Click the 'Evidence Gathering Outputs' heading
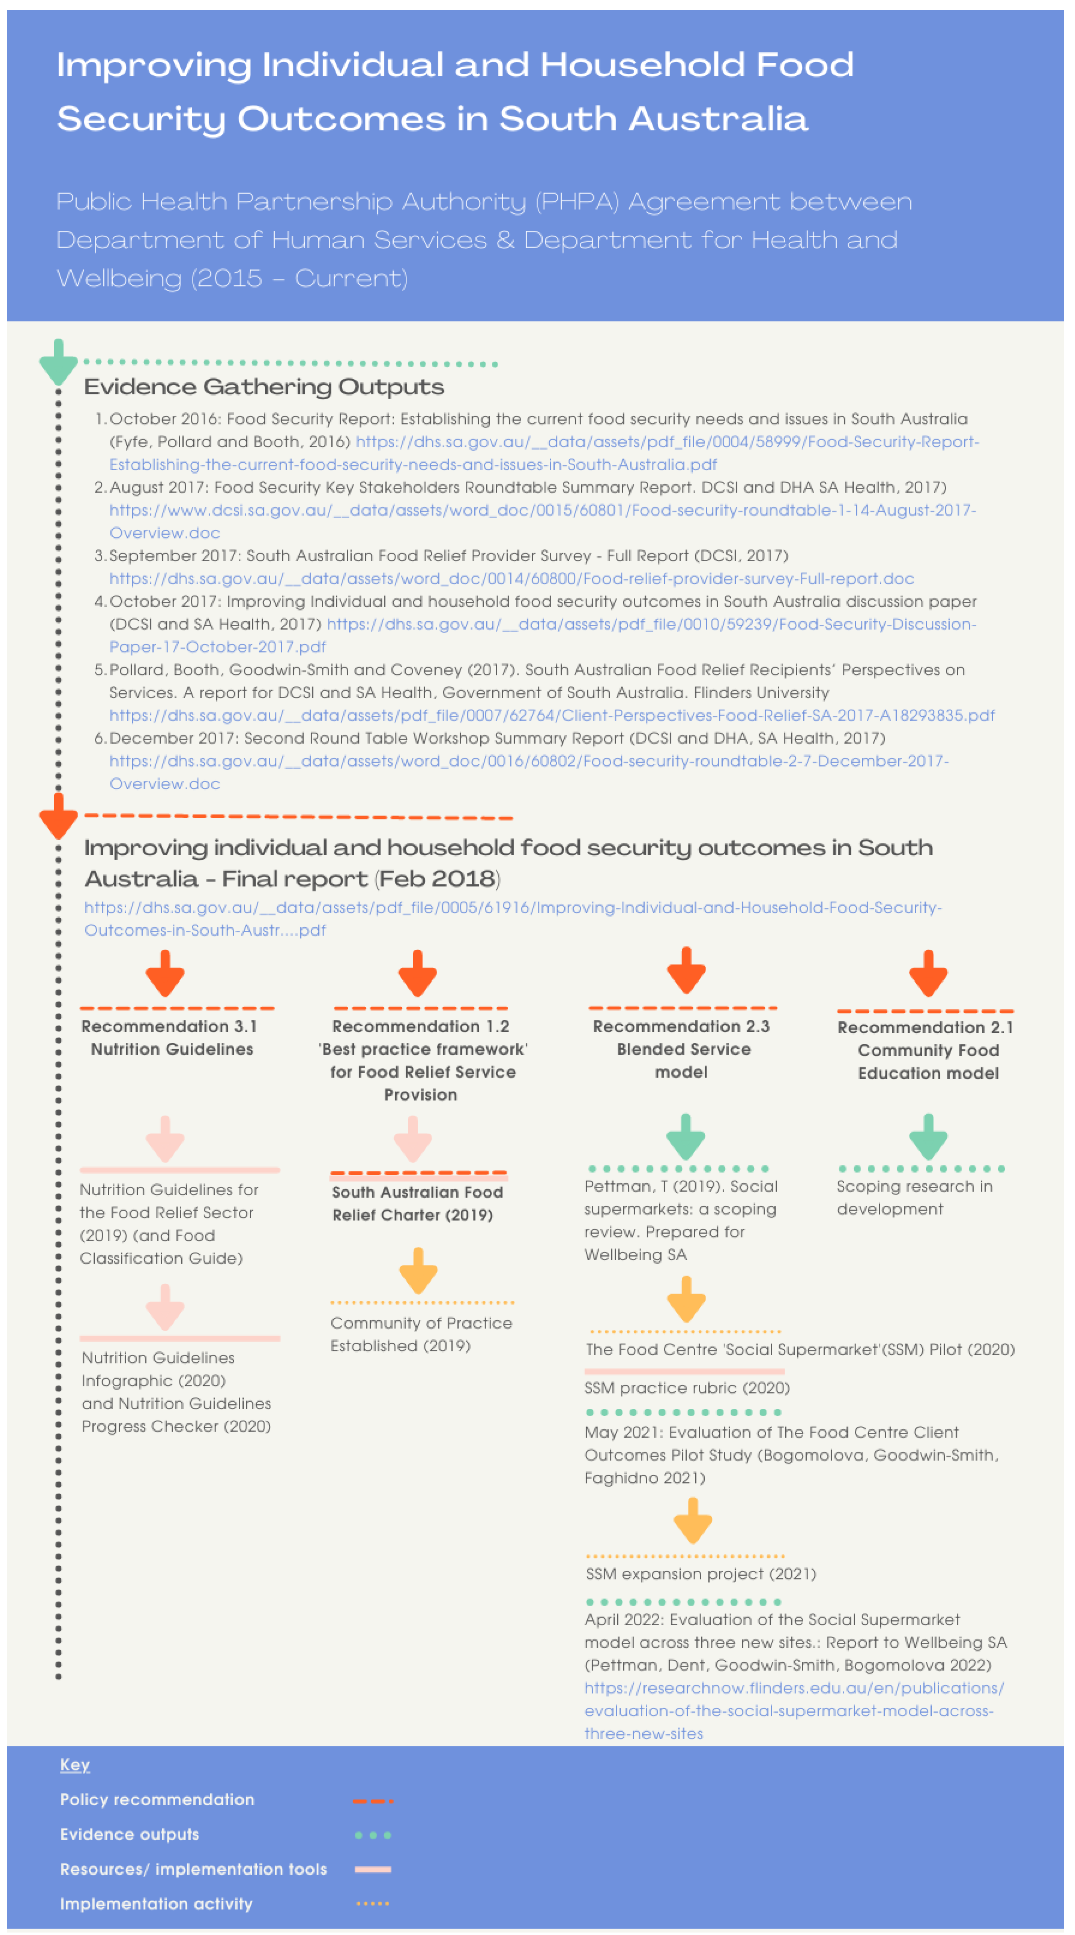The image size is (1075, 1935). point(264,387)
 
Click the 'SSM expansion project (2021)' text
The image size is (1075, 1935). point(700,1574)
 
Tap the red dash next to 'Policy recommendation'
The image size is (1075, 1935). point(373,1801)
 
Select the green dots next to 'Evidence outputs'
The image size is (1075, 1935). point(373,1835)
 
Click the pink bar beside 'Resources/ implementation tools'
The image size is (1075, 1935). point(373,1870)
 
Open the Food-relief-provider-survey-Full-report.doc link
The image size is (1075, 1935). point(511,578)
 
